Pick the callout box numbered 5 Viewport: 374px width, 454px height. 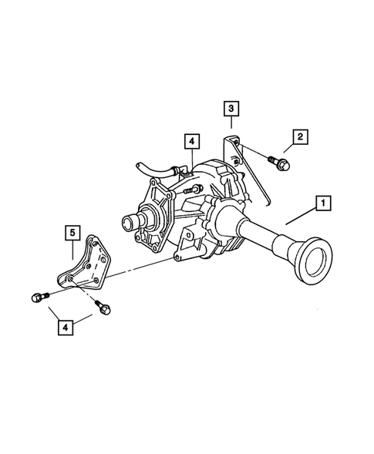click(x=71, y=232)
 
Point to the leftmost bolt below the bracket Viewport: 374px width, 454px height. click(x=38, y=297)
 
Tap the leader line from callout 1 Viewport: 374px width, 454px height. click(x=302, y=214)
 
